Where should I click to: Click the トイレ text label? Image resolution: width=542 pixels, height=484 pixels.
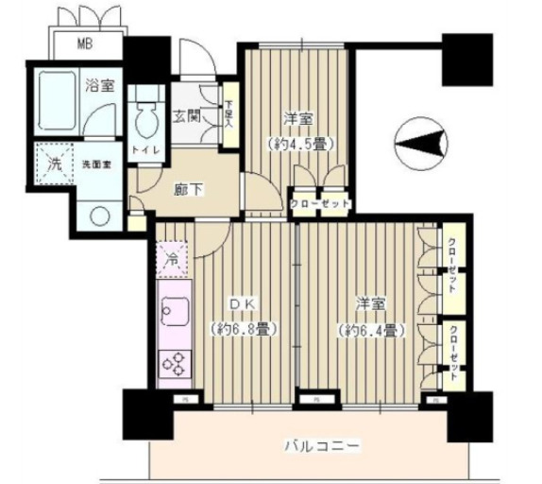[144, 150]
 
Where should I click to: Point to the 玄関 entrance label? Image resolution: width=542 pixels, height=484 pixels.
[185, 117]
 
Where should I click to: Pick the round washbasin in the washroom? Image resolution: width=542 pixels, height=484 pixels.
[98, 214]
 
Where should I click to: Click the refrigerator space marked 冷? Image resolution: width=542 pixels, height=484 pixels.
[173, 255]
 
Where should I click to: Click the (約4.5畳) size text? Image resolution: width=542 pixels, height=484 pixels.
[299, 144]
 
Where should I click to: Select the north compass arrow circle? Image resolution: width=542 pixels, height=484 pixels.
[416, 145]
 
